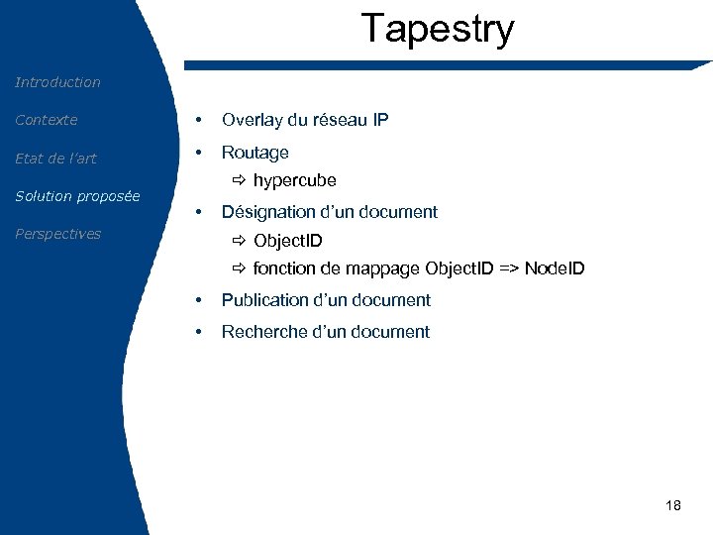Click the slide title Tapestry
[x=438, y=29]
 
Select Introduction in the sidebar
[x=57, y=82]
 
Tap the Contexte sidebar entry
[x=46, y=120]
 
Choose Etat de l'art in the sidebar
[x=55, y=159]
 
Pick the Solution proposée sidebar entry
[x=77, y=196]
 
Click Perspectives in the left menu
[x=57, y=234]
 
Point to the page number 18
[x=673, y=505]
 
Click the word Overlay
[x=252, y=120]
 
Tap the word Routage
[x=255, y=153]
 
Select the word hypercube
[x=294, y=180]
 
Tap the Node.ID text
[x=555, y=268]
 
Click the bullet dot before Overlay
[x=200, y=120]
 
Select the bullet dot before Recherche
[x=200, y=332]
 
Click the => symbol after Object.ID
[x=506, y=268]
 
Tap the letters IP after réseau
[x=380, y=120]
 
